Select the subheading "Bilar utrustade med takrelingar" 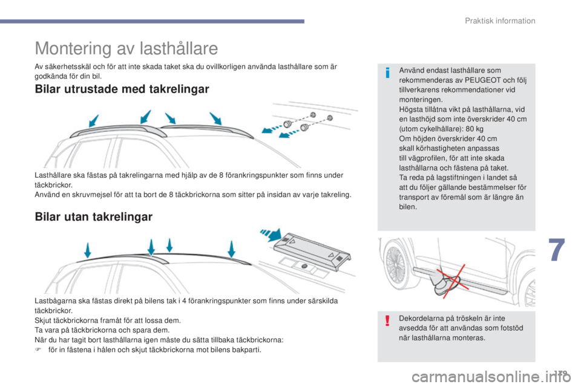[x=122, y=89]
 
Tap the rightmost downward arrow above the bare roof [x=232, y=248]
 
